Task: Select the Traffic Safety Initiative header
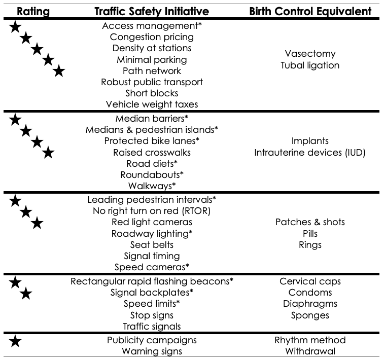pos(152,11)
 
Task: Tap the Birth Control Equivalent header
pos(310,11)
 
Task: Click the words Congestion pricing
pos(152,37)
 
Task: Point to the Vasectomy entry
pos(310,54)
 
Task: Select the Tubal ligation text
pos(310,65)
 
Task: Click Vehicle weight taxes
pos(152,104)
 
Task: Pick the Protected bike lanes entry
pos(152,140)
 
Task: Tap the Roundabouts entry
pos(152,174)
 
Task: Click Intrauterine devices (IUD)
pos(310,152)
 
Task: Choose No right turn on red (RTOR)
pos(152,210)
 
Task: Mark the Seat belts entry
pos(152,244)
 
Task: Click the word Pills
pos(310,234)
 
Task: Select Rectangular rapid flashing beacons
pos(152,281)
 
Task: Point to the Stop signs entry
pos(152,315)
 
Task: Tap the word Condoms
pos(310,293)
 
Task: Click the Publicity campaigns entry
pos(152,340)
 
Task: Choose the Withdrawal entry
pos(310,351)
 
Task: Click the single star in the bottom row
pos(16,342)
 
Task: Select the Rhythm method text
pos(310,340)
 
